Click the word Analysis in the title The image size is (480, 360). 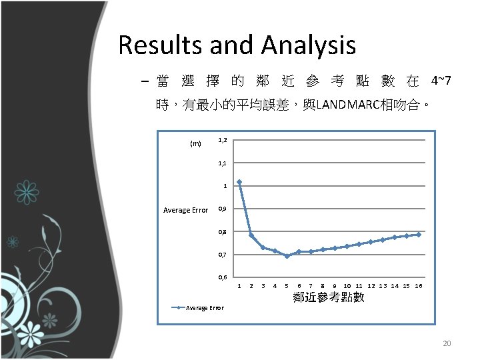coord(309,45)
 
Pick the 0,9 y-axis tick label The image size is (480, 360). coord(223,209)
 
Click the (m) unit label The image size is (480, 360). coord(195,143)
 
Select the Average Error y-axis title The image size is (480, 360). coord(186,211)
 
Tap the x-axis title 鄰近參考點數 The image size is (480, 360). coord(329,297)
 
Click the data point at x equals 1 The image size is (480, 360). coord(239,182)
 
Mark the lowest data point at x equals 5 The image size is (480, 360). coord(287,256)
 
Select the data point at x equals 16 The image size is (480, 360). coord(419,234)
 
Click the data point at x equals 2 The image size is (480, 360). coord(251,235)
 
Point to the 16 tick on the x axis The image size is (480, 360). coord(419,286)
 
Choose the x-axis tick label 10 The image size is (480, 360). coord(347,286)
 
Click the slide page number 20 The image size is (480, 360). coord(447,343)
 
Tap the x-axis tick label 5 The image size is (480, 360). coord(287,286)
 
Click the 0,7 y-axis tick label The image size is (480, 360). coord(223,255)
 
